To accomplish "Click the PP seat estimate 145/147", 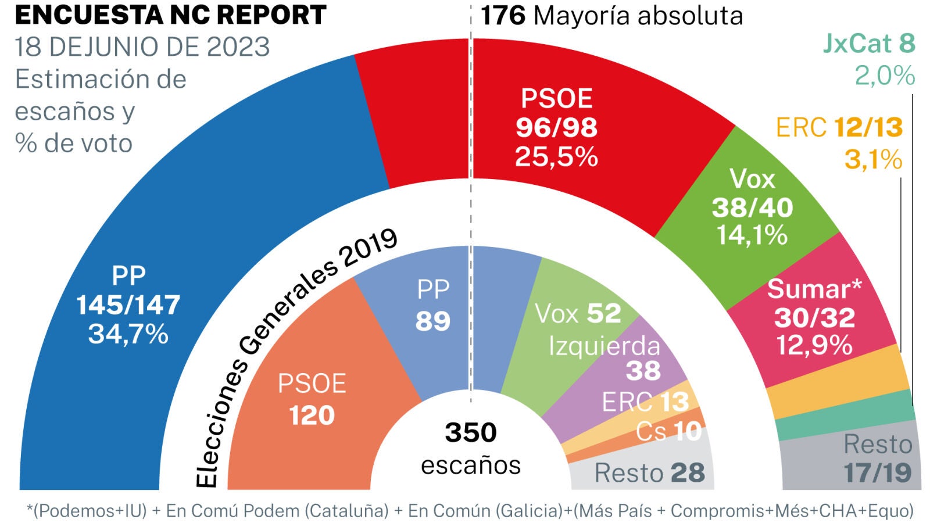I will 128,305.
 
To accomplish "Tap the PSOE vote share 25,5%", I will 556,157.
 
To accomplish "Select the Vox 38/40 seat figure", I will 752,207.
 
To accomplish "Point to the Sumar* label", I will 814,289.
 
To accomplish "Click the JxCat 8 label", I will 868,44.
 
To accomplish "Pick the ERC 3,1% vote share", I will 873,159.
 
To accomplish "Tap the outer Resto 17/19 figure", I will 878,473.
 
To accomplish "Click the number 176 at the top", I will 503,16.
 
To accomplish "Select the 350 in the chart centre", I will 471,432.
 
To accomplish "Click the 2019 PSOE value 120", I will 312,415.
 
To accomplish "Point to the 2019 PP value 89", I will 433,321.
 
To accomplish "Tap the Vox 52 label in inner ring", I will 578,314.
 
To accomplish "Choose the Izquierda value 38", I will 643,371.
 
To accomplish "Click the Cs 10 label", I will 668,431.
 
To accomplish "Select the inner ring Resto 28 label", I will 649,473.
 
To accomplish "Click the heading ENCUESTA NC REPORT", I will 170,16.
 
